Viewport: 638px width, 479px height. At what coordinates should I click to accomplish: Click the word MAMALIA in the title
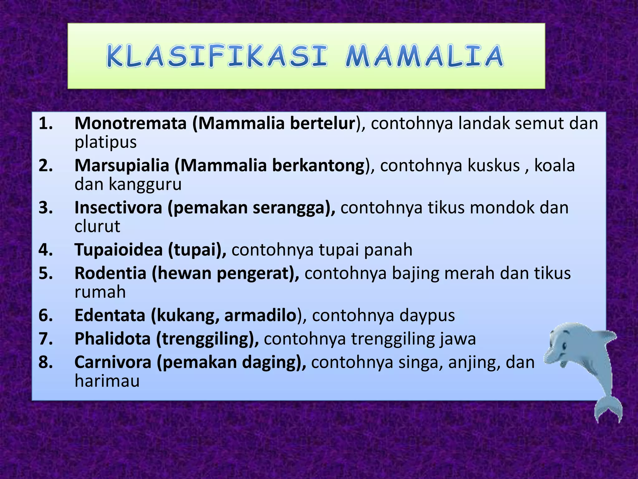click(424, 56)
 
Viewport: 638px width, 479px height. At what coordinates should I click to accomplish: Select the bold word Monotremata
click(131, 123)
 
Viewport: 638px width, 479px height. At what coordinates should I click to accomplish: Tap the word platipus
click(106, 142)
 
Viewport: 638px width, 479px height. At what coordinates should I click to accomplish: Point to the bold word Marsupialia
click(122, 165)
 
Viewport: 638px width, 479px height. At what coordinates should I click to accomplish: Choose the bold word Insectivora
click(118, 208)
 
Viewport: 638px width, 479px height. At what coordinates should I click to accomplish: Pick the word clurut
click(97, 226)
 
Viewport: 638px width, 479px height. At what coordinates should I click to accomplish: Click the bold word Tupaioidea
click(119, 250)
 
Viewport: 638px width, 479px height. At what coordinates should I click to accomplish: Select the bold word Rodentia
click(111, 273)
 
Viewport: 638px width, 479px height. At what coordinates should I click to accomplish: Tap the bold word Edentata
click(110, 315)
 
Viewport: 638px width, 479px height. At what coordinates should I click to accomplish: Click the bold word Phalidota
click(112, 339)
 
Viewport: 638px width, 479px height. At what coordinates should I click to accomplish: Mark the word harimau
click(107, 381)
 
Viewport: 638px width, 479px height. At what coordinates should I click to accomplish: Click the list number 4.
click(45, 250)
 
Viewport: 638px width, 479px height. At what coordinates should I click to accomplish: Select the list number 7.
click(45, 339)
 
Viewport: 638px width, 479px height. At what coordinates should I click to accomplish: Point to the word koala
click(555, 165)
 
